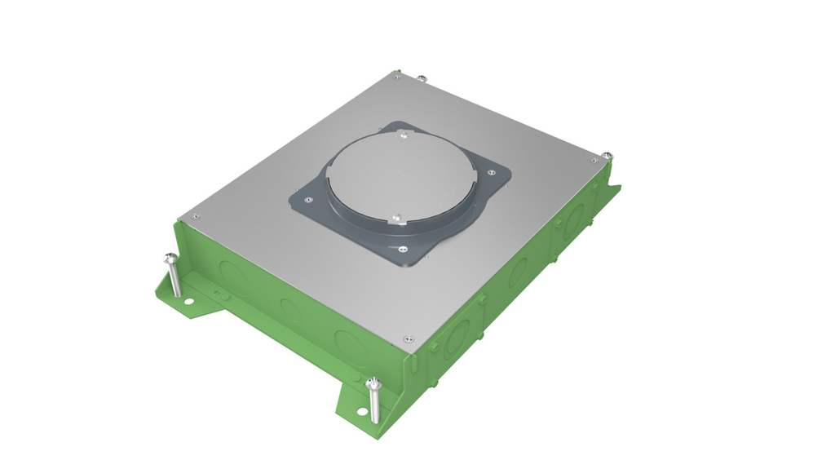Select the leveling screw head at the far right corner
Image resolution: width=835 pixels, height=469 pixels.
[607, 155]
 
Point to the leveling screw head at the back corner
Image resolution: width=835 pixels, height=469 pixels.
[421, 78]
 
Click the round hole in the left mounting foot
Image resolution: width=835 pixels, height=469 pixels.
[188, 301]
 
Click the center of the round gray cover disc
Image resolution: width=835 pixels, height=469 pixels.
[400, 175]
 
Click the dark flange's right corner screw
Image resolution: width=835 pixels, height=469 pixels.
[491, 172]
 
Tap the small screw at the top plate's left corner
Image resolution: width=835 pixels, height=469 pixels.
[195, 216]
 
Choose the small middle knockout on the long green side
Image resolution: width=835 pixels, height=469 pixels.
[289, 308]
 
